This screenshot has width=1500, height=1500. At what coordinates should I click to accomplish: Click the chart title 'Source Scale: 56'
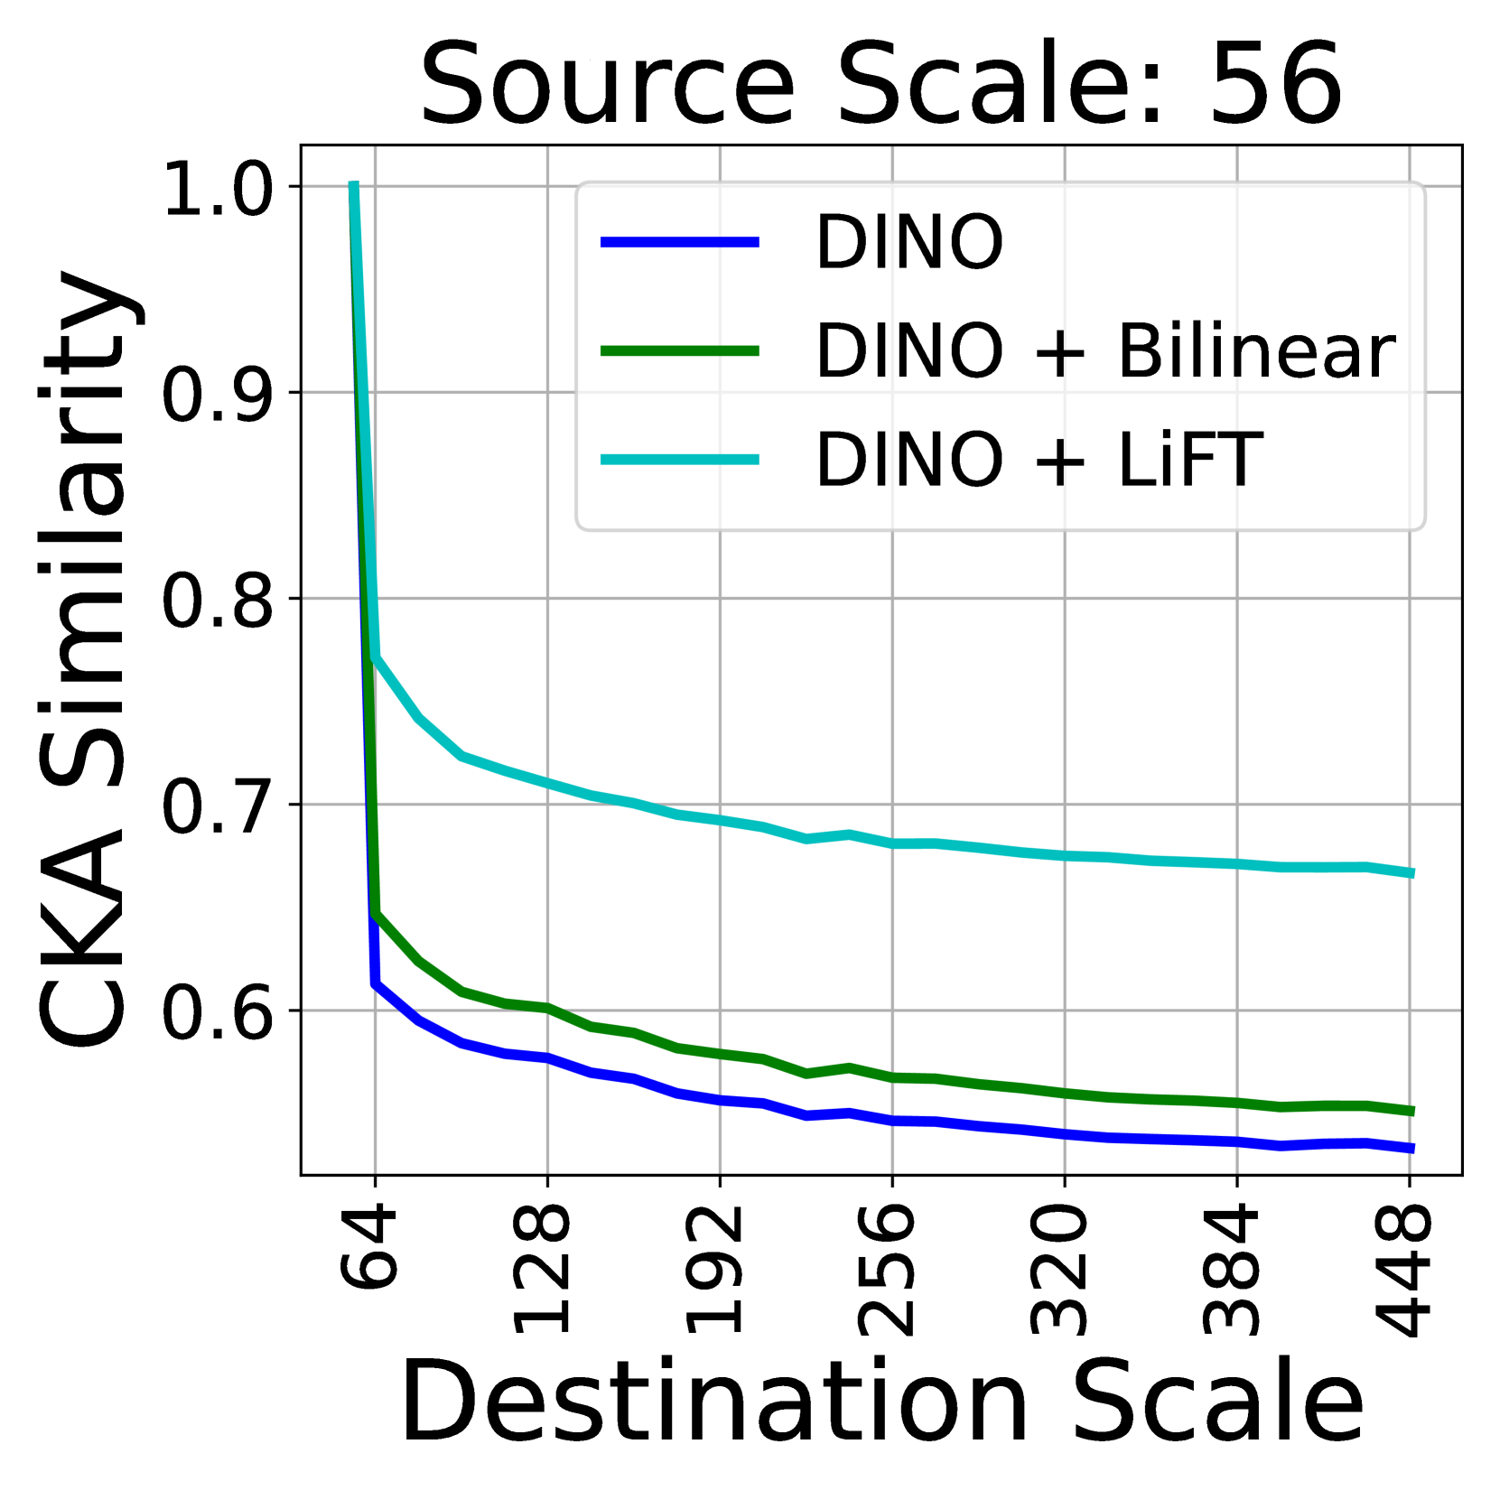pyautogui.click(x=881, y=84)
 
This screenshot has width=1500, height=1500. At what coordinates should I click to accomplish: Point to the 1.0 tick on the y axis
pyautogui.click(x=217, y=189)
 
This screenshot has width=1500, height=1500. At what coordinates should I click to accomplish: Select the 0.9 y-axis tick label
pyautogui.click(x=217, y=394)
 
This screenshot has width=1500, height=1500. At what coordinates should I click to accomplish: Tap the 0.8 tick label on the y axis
pyautogui.click(x=217, y=600)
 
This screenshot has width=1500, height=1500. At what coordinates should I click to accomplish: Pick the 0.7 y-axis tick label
pyautogui.click(x=217, y=806)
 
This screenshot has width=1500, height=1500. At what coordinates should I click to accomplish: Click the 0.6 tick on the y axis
pyautogui.click(x=217, y=1011)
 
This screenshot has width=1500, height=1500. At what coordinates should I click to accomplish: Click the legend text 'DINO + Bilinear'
pyautogui.click(x=1105, y=350)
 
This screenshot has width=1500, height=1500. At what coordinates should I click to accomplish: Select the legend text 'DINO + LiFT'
pyautogui.click(x=1039, y=460)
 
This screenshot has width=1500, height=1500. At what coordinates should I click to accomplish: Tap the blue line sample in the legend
pyautogui.click(x=680, y=241)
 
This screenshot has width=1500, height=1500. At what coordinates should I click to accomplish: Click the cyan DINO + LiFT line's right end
pyautogui.click(x=1411, y=873)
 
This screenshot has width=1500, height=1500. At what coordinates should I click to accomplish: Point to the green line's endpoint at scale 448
pyautogui.click(x=1411, y=1112)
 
